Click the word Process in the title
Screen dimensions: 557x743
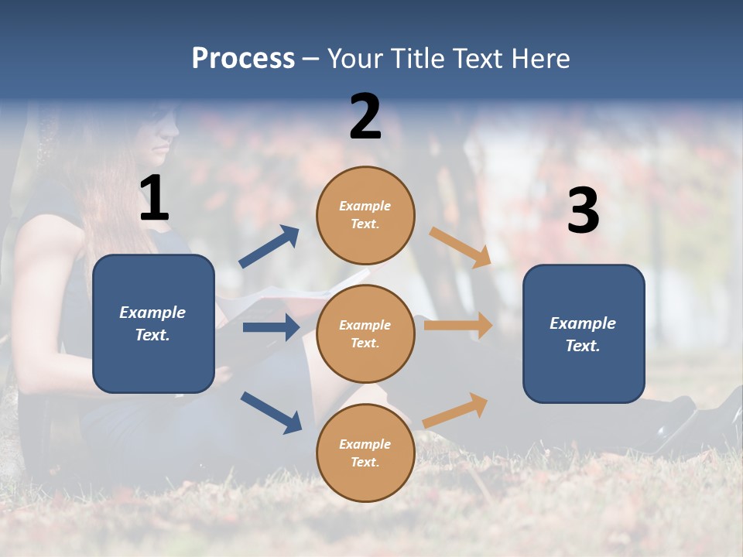click(243, 59)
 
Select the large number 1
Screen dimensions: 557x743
click(154, 199)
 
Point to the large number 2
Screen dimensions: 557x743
click(365, 117)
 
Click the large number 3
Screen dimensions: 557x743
click(583, 211)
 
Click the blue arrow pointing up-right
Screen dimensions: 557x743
click(269, 248)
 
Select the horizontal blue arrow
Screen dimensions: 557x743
click(271, 327)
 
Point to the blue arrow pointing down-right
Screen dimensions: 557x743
click(271, 412)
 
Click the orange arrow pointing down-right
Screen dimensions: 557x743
click(461, 248)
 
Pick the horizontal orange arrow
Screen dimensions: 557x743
click(458, 326)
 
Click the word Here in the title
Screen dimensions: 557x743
click(541, 59)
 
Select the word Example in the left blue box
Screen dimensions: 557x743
click(152, 313)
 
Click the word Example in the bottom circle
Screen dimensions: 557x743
click(365, 444)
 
